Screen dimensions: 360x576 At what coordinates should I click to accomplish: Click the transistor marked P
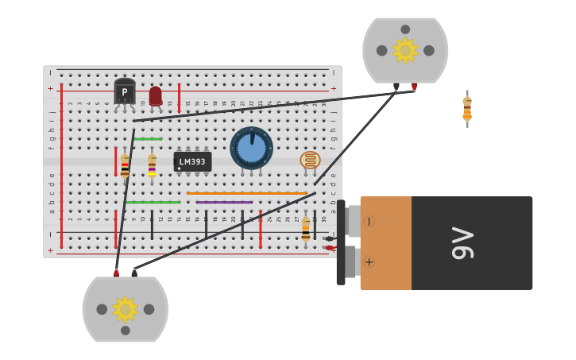pos(124,92)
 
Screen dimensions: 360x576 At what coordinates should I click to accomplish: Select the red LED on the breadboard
pos(155,95)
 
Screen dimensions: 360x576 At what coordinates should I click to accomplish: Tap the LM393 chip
pos(192,162)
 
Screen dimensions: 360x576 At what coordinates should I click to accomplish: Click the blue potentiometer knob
pos(251,148)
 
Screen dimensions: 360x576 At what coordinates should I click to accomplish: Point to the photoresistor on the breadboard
pos(310,161)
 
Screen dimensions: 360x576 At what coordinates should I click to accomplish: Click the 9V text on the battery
pos(463,243)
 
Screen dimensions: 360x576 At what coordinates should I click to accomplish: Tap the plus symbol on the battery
pos(369,262)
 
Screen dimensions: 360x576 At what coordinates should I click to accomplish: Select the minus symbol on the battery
pos(369,222)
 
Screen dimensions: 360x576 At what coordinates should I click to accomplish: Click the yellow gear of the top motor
pos(405,50)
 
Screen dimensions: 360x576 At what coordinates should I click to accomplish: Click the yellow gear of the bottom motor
pos(125,309)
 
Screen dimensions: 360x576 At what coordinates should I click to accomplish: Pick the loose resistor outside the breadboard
pos(467,109)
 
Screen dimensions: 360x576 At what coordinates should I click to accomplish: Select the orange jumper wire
pos(247,193)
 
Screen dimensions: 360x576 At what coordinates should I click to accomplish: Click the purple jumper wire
pos(224,202)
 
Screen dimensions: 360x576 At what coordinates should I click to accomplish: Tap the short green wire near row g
pos(148,139)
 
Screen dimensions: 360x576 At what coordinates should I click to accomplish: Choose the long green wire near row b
pos(153,202)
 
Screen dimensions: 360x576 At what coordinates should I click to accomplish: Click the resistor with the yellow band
pos(152,165)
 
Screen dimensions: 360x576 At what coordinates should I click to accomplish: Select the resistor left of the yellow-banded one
pos(125,165)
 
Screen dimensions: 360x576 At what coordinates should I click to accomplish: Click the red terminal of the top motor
pos(414,86)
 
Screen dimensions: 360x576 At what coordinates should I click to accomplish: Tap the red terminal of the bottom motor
pos(116,273)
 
